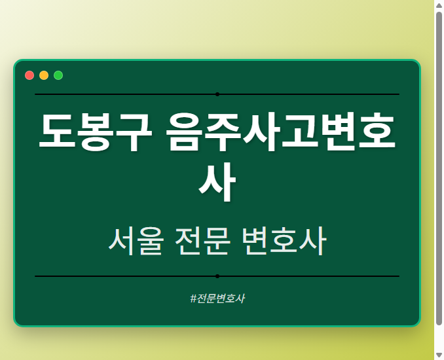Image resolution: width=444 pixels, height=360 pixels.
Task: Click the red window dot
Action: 29,75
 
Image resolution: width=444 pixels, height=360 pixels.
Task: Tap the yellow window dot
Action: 44,75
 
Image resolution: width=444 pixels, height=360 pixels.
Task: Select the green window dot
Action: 58,75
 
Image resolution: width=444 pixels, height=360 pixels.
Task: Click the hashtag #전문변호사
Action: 217,298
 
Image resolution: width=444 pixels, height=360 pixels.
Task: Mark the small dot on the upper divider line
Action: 217,94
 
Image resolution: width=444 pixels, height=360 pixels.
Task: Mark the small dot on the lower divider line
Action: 217,276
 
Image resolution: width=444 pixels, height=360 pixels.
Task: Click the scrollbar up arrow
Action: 439,5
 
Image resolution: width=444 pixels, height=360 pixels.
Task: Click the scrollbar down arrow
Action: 439,355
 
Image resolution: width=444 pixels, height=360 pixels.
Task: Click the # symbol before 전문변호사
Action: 193,298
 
